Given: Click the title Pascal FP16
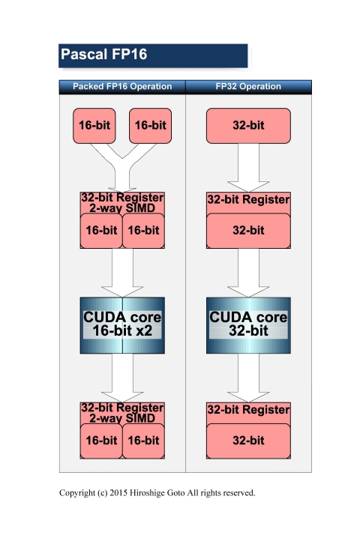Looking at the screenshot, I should click(x=103, y=55).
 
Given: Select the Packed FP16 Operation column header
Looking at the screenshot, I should click(x=122, y=86).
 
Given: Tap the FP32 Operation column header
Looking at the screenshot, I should click(x=247, y=86).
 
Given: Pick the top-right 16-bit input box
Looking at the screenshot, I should click(x=149, y=125).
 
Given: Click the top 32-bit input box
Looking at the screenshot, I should click(x=248, y=125).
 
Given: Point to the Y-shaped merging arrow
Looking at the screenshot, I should click(x=122, y=166).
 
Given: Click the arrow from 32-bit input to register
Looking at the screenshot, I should click(x=248, y=167).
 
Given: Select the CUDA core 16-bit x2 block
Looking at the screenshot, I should click(x=122, y=324).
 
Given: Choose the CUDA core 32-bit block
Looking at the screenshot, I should click(x=248, y=324).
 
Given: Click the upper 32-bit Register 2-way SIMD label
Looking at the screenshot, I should click(x=122, y=202).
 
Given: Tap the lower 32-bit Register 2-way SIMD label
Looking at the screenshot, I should click(x=122, y=412).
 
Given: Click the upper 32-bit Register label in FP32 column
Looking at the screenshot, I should click(x=248, y=200).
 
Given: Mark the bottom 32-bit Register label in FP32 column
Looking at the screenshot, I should click(x=248, y=410).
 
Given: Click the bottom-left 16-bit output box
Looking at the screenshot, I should click(x=100, y=441).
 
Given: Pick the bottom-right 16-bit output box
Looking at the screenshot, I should click(x=143, y=441).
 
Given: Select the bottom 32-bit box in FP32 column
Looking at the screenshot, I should click(x=248, y=441).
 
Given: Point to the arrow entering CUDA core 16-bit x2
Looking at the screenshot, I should click(x=122, y=271).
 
